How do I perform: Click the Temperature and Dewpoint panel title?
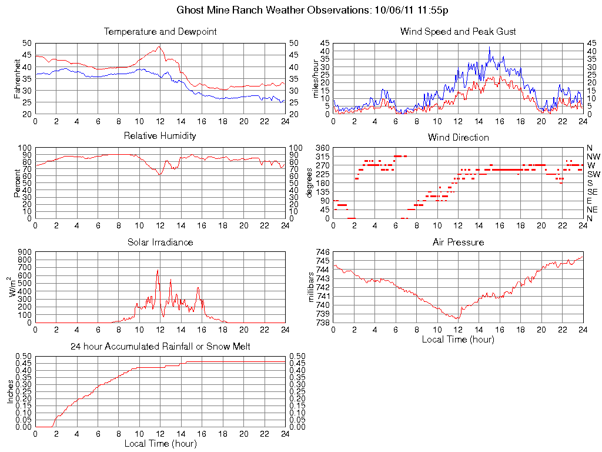160,31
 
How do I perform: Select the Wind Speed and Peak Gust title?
458,31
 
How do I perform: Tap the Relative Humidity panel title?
160,136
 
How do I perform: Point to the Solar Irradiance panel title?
160,242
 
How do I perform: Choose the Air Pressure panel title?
458,242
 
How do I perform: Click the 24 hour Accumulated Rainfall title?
160,347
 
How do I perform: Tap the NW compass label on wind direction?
592,157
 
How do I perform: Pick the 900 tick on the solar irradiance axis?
25,252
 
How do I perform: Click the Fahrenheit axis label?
17,78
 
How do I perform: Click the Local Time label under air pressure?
458,339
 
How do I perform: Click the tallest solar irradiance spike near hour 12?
158,270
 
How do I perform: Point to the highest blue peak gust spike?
489,47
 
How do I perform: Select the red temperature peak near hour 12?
159,47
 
